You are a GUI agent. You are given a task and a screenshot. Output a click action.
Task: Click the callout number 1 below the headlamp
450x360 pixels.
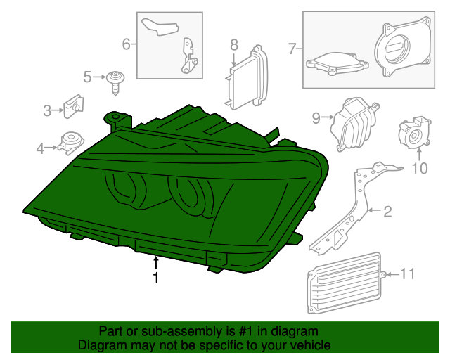point(155,278)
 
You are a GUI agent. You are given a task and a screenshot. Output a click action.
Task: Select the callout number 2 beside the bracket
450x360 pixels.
point(387,210)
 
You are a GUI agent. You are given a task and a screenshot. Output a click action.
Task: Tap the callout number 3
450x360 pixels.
point(47,110)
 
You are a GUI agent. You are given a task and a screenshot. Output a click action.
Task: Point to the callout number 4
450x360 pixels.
point(40,148)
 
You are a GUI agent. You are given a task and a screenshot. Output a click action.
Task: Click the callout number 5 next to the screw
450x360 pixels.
point(87,77)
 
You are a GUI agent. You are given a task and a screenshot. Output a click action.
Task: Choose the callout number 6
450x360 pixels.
point(127,44)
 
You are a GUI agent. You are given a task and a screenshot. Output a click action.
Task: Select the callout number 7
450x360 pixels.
point(292,49)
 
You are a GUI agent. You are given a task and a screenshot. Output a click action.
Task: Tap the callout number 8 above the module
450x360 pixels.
point(234,45)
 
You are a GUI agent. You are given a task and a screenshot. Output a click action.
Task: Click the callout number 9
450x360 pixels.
point(316,117)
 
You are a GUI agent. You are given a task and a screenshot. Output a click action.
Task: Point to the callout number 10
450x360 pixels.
point(419,167)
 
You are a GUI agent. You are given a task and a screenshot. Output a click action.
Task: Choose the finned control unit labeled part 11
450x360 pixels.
point(345,289)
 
